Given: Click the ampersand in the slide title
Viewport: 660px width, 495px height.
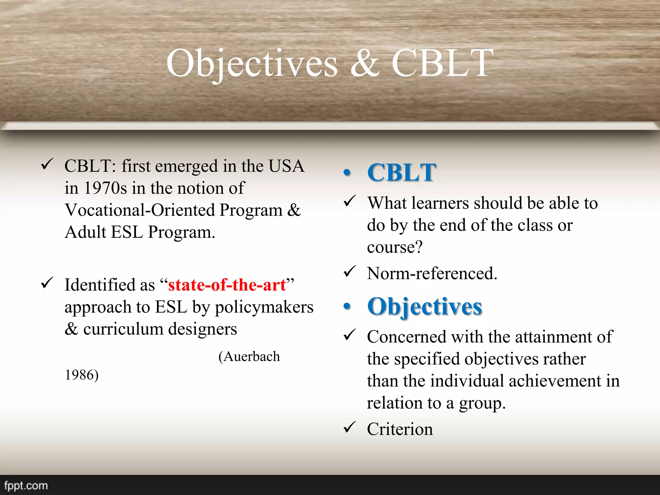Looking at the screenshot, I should click(365, 64).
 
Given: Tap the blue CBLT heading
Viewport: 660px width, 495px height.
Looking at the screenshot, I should click(402, 172).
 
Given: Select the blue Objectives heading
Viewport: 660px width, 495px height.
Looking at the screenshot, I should click(424, 306).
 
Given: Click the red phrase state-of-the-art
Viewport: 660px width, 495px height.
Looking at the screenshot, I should click(227, 285).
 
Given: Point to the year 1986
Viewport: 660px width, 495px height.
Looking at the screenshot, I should click(82, 375).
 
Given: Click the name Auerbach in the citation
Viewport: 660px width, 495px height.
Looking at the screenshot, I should click(252, 357).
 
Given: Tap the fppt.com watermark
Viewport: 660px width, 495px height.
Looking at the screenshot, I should click(26, 485).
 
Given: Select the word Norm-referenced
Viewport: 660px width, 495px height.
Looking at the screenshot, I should click(432, 274).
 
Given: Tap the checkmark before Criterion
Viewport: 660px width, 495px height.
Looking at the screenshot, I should click(350, 427).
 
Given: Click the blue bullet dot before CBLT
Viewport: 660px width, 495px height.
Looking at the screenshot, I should click(347, 173).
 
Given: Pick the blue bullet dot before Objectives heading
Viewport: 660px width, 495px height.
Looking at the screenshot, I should click(347, 306).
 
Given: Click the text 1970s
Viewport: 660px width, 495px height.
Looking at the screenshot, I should click(105, 188).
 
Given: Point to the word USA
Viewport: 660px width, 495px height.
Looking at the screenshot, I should click(286, 166).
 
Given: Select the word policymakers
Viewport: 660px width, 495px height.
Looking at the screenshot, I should click(264, 307).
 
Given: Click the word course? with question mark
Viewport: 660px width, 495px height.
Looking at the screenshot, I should click(394, 247).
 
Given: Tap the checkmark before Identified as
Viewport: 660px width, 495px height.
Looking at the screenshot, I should click(47, 283).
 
